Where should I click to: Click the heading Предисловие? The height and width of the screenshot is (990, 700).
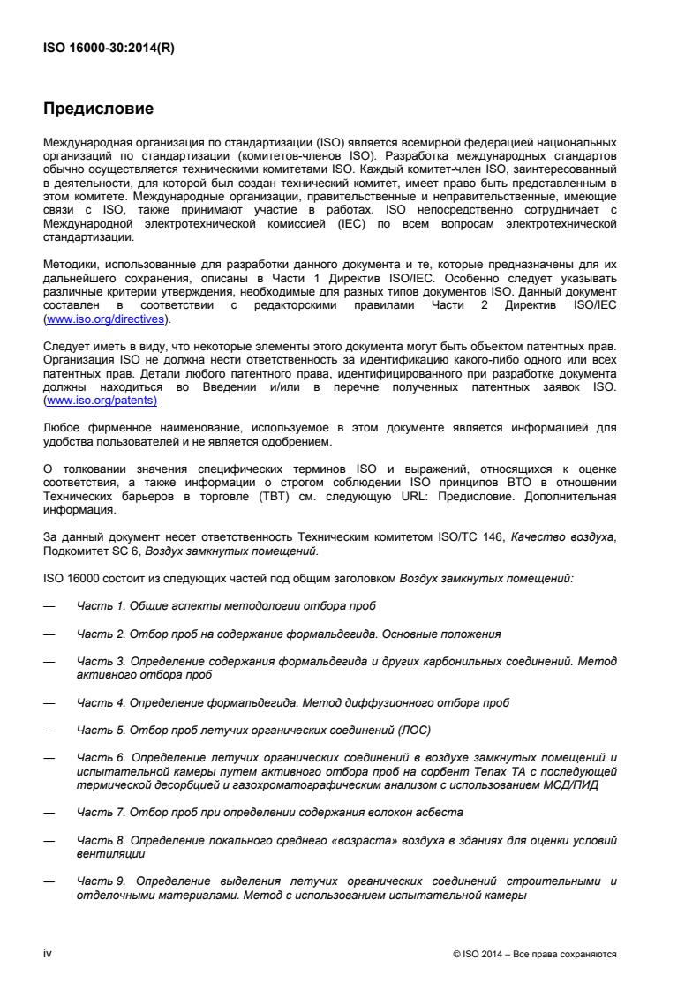pyautogui.click(x=99, y=110)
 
